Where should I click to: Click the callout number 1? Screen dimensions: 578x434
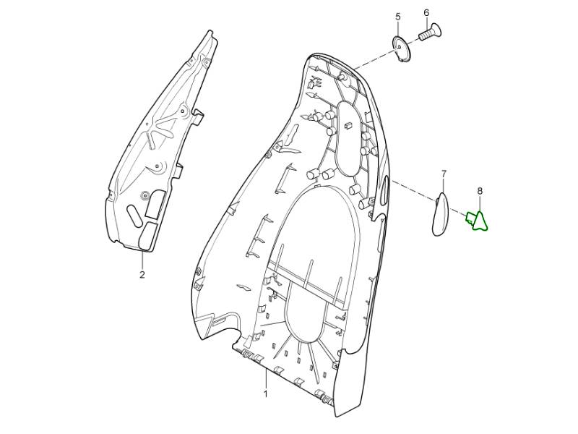(x=265, y=393)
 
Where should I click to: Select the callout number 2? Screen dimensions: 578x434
(x=142, y=275)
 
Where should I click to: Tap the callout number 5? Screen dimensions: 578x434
(x=398, y=17)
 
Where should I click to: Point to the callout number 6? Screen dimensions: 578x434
(x=426, y=13)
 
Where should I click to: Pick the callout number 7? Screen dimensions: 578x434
(x=444, y=173)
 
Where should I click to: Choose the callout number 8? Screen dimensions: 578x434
(x=480, y=191)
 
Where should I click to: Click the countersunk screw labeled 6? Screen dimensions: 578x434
(x=431, y=32)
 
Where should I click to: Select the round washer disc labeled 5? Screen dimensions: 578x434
(x=401, y=49)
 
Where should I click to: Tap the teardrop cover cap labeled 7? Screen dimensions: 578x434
(x=440, y=214)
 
